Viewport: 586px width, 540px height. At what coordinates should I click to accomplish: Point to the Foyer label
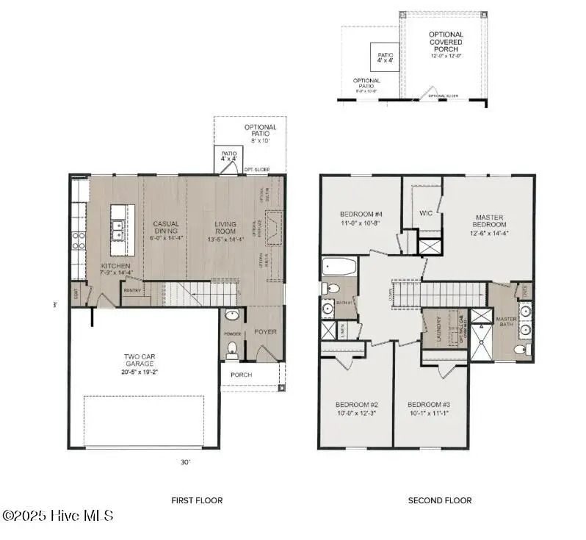click(265, 331)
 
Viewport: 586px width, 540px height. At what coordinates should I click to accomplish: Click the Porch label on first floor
click(241, 375)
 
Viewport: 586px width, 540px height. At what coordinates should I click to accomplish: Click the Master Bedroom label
click(488, 222)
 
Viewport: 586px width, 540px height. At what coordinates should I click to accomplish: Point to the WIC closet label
click(426, 213)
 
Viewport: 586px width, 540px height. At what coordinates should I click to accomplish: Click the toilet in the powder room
click(233, 349)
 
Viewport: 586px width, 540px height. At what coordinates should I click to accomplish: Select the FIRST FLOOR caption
click(197, 500)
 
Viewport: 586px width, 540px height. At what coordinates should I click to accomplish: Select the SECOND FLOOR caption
click(440, 500)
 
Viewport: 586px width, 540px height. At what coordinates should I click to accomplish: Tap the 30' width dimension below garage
click(185, 462)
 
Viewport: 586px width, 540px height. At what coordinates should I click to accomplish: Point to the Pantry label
click(132, 290)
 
